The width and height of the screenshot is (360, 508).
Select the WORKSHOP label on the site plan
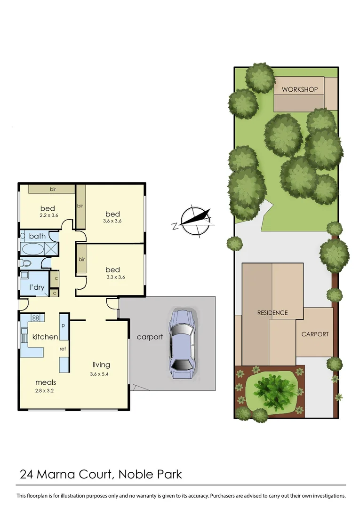pos(300,89)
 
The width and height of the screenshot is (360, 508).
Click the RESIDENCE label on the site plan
pos(272,313)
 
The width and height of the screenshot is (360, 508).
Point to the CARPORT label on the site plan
pos(315,334)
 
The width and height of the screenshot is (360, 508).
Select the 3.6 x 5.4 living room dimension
pos(101,374)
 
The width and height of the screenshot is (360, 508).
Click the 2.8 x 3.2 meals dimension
pos(46,390)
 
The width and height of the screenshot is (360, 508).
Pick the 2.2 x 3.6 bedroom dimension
pos(47,216)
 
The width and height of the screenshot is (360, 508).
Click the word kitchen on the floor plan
pos(45,337)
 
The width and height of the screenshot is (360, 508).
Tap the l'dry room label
pos(37,287)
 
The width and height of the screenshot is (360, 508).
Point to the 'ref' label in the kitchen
pos(62,349)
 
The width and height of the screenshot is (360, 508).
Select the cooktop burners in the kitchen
pos(35,317)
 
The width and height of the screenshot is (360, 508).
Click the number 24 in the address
pos(26,474)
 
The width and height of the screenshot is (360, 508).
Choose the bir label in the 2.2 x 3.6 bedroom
pos(53,190)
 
